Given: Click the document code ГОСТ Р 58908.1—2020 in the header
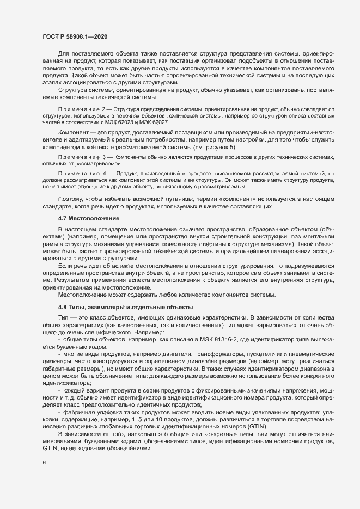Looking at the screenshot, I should coord(74,35).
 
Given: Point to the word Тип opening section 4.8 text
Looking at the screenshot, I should coord(63,316).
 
